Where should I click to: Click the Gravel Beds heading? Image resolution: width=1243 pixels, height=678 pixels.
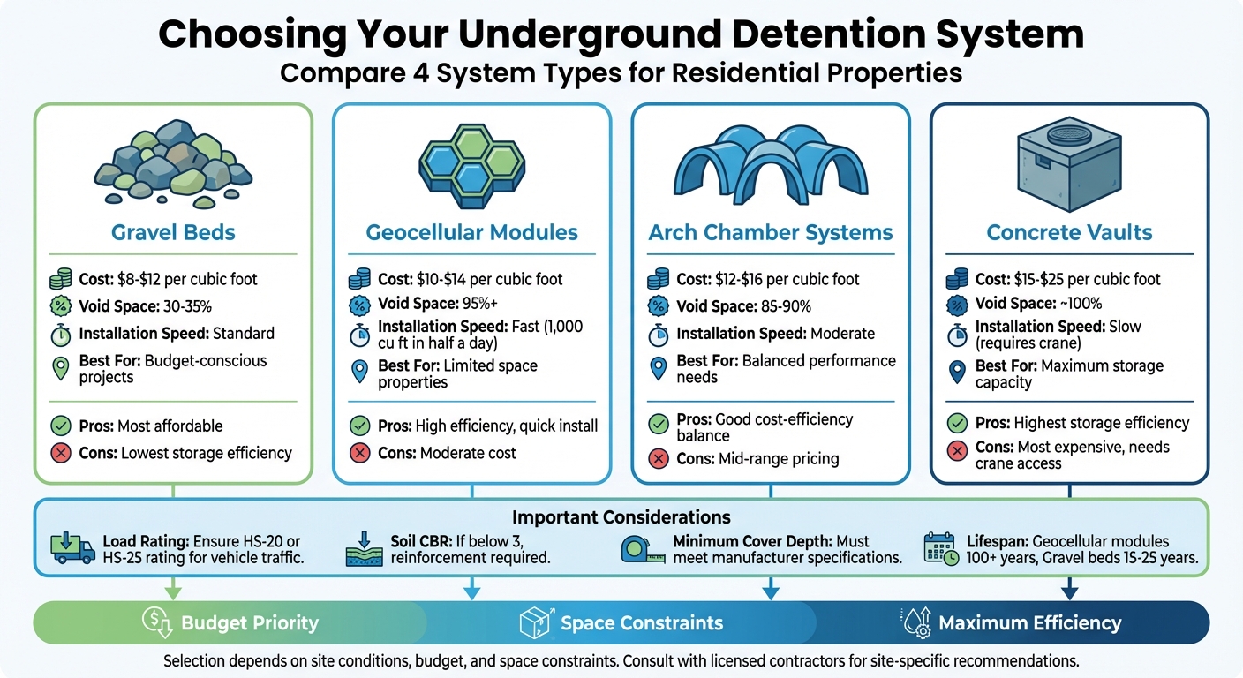click(x=173, y=233)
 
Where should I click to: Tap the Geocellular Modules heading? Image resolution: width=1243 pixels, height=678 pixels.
click(x=471, y=233)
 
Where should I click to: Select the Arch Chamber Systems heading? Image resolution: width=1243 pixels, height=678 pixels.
click(x=771, y=233)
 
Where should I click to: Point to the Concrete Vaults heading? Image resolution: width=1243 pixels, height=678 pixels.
click(x=1070, y=233)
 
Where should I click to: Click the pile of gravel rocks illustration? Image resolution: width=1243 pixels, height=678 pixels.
click(x=173, y=168)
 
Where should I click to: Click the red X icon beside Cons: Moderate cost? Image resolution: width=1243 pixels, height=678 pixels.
click(x=359, y=454)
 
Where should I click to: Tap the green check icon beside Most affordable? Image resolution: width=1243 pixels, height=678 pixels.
click(x=61, y=426)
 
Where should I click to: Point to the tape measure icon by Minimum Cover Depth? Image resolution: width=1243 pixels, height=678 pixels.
click(x=642, y=550)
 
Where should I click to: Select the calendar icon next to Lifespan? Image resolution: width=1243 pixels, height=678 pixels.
click(x=940, y=550)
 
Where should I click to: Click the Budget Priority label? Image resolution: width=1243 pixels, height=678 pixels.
click(x=250, y=623)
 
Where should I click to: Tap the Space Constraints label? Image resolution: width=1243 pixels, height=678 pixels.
click(x=642, y=623)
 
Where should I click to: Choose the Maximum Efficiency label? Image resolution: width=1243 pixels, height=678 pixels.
click(x=1029, y=623)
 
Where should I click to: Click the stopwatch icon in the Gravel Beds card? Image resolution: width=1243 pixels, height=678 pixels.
click(x=61, y=334)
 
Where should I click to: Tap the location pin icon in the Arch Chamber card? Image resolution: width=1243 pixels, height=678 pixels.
click(x=658, y=368)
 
